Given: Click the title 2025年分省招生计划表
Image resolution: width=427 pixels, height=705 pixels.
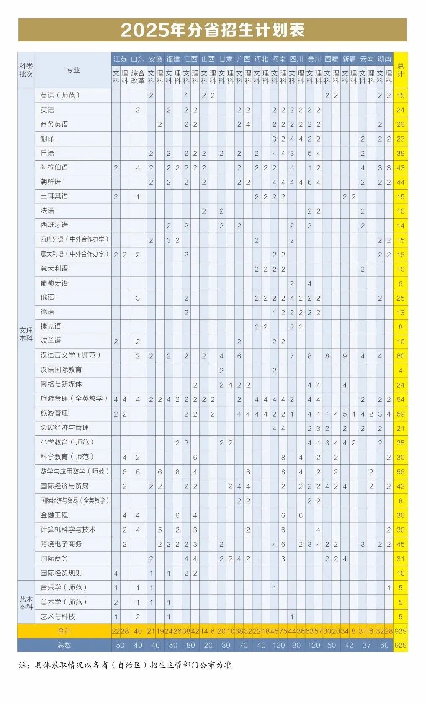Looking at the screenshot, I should click(213, 30).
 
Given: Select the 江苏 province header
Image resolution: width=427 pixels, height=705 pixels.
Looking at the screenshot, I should click(120, 59).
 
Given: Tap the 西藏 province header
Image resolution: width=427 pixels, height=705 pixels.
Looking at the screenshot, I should click(331, 59).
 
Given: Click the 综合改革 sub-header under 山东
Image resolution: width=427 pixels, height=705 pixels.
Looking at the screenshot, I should click(138, 77).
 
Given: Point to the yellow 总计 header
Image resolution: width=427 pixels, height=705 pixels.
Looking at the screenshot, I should click(401, 70).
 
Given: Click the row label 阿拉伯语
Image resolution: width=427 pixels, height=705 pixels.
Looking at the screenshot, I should click(54, 167).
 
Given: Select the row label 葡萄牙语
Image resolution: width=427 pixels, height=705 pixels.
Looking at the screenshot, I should click(54, 283).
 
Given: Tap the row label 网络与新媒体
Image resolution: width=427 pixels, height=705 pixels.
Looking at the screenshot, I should click(61, 384).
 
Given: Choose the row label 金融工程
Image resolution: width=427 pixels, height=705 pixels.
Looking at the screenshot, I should click(54, 515).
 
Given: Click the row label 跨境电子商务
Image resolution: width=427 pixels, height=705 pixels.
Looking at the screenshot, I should click(61, 544).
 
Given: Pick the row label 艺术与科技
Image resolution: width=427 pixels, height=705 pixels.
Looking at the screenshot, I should click(58, 616).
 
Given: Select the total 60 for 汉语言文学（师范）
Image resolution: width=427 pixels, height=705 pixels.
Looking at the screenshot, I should click(401, 356).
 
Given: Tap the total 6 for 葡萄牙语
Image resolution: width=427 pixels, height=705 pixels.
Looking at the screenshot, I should click(401, 283).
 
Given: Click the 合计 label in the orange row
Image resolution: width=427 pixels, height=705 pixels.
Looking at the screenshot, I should click(64, 631).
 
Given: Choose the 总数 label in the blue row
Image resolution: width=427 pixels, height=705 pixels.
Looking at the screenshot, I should click(64, 645).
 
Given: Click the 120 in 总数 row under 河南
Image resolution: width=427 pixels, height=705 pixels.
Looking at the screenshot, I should click(278, 645).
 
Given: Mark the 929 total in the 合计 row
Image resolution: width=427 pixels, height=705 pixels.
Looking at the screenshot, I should click(401, 631).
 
